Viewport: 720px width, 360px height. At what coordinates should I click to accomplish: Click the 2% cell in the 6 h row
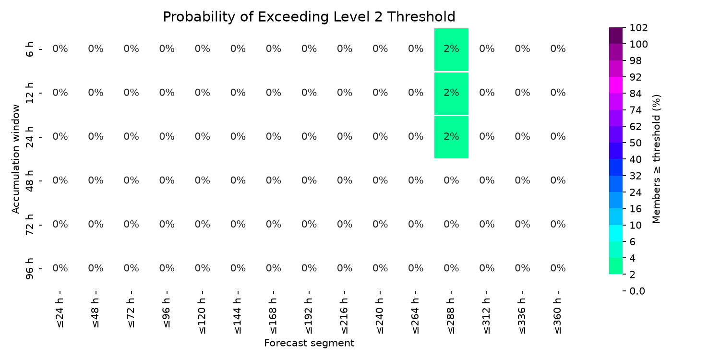(451, 49)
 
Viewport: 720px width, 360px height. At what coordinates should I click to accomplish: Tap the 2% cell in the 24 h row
(451, 137)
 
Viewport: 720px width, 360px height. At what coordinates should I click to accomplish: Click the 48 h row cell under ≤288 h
(451, 180)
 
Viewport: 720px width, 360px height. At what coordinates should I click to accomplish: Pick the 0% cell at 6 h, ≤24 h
(60, 49)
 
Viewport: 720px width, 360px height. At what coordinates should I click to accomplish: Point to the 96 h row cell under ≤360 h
(558, 268)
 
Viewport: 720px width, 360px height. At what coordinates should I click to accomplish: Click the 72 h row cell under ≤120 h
(203, 224)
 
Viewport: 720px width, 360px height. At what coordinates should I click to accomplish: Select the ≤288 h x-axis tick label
(451, 316)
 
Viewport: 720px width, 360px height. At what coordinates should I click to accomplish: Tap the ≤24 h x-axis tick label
(60, 313)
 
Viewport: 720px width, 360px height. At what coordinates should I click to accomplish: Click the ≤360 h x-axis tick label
(557, 316)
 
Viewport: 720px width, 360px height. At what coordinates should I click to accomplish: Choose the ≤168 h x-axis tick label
(273, 316)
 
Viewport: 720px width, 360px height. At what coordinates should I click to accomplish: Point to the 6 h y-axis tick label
(29, 49)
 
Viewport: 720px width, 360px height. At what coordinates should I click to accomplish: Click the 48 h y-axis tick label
(29, 181)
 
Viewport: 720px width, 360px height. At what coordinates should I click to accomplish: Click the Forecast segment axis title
(309, 343)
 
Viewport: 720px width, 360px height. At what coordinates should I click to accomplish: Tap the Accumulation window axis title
(15, 159)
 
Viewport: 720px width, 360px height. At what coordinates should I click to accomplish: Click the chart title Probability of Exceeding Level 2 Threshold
(309, 17)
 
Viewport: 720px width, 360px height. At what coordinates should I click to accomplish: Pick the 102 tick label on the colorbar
(639, 28)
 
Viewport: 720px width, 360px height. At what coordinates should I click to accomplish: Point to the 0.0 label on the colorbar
(637, 291)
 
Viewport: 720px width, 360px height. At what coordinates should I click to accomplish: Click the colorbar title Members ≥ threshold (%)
(656, 159)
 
